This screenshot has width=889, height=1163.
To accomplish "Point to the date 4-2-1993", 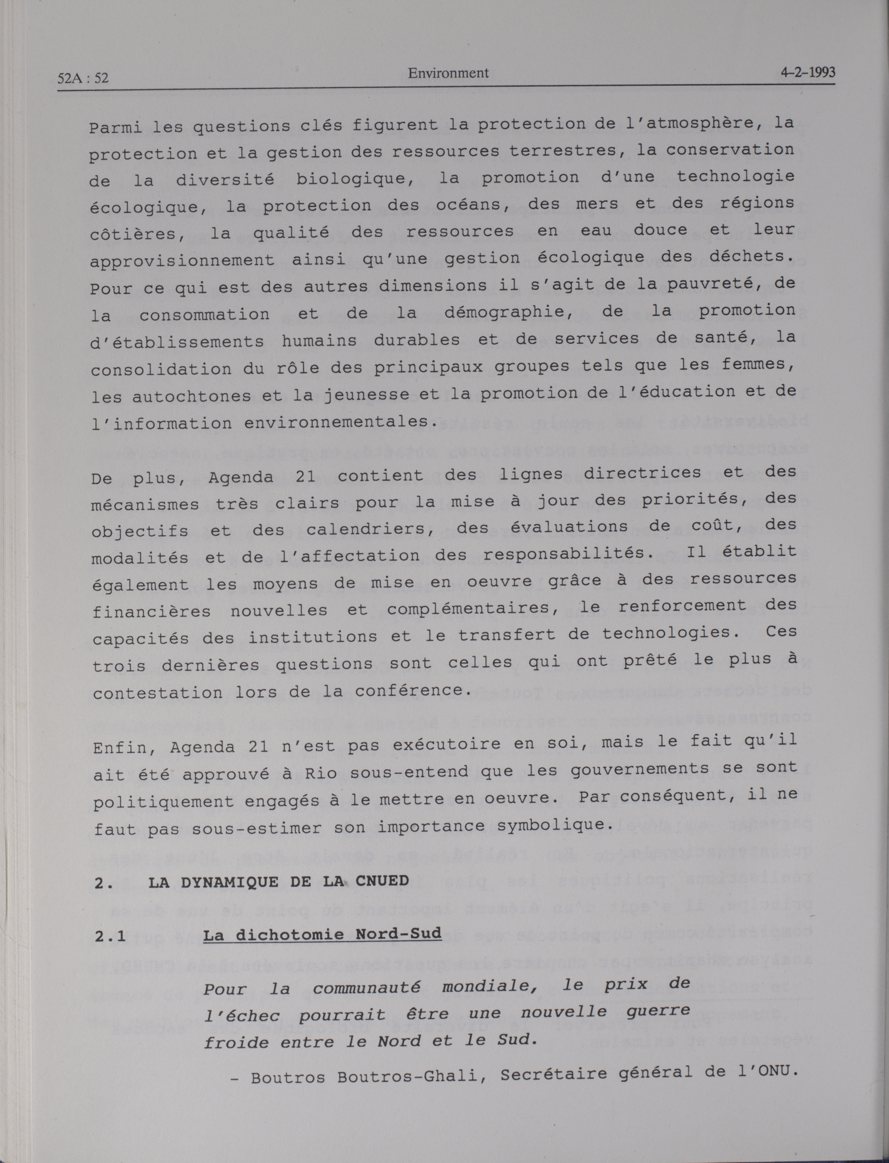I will coord(808,73).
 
